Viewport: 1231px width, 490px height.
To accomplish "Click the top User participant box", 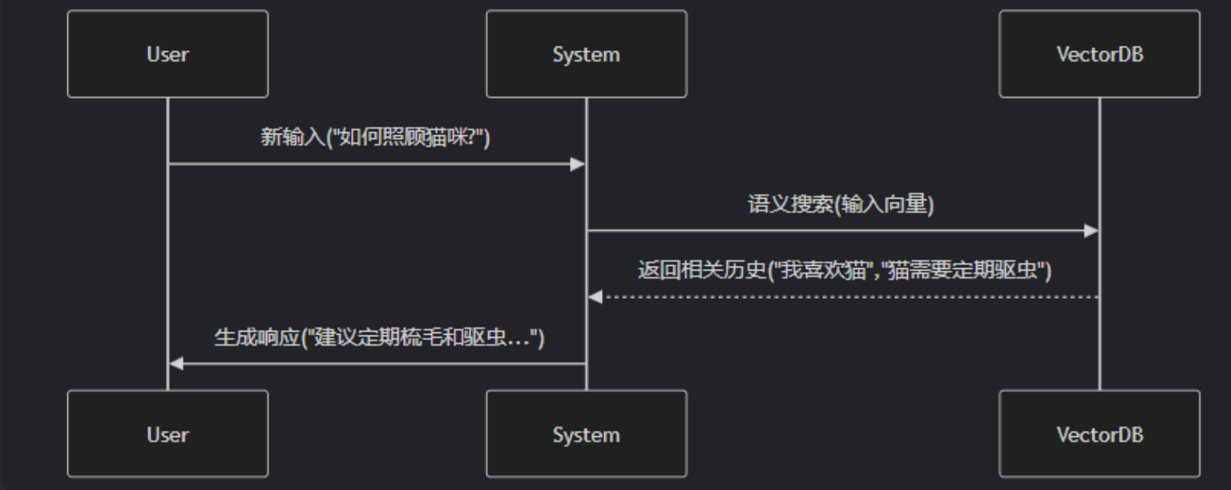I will pos(167,54).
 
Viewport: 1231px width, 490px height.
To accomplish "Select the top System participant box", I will pos(586,54).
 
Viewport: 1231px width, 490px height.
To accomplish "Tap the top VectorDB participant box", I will pos(1099,54).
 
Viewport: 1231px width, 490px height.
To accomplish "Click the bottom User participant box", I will pos(167,434).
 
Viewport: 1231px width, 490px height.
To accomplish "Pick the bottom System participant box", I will pos(586,434).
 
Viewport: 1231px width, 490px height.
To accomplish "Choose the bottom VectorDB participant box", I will pos(1099,434).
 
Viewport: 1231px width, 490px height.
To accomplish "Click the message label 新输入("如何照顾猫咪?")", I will pos(375,137).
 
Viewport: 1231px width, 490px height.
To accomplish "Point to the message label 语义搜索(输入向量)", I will pos(841,204).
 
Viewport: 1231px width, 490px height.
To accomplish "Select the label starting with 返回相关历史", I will pos(844,271).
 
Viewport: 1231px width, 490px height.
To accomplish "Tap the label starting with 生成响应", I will pos(379,337).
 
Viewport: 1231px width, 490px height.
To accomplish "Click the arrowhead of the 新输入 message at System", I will pos(577,164).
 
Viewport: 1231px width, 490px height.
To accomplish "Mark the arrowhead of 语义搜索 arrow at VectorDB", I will pos(1090,231).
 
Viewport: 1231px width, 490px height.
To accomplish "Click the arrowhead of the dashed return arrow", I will pos(595,297).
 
